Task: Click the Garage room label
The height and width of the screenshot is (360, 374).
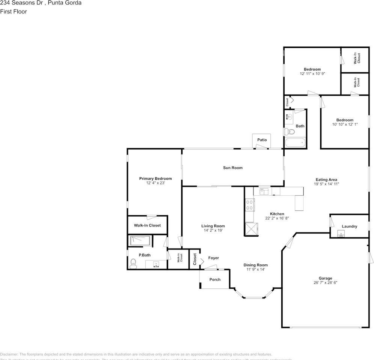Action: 325,278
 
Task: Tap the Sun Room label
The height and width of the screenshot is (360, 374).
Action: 233,168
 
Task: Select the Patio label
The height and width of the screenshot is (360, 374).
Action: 262,140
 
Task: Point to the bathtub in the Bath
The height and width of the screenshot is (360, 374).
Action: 295,142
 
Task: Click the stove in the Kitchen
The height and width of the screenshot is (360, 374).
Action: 249,205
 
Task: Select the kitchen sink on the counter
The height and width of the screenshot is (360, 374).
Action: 264,192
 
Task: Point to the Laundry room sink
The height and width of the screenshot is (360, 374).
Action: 341,235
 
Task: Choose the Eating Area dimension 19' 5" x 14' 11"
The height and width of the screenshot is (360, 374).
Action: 326,184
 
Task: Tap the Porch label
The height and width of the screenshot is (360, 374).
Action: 215,279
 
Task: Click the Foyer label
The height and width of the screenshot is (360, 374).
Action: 213,258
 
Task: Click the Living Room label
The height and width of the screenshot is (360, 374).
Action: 213,226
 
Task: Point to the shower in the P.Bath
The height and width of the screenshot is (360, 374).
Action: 140,241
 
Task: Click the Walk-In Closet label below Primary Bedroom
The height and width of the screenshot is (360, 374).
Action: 147,225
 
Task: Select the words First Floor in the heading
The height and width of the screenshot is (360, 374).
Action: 14,12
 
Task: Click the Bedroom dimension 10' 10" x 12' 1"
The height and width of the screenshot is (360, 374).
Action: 345,124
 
